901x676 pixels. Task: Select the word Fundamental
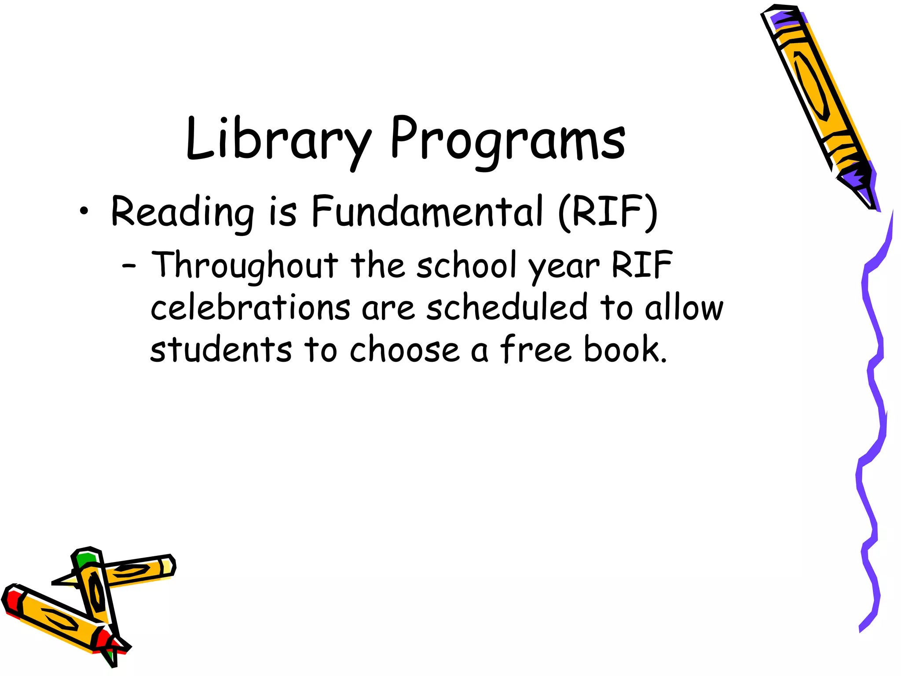[x=427, y=212]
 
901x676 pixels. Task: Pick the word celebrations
[x=250, y=308]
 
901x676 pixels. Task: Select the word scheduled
[x=506, y=308]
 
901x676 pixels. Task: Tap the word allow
[x=684, y=308]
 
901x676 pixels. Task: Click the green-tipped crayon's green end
[x=85, y=559]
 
